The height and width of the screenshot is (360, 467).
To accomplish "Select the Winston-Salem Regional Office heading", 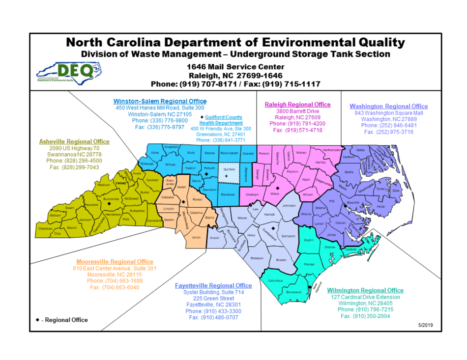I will pos(160,101).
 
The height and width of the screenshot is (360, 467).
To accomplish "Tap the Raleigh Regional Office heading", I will pos(297,104).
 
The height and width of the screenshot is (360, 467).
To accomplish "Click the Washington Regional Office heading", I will pos(388,106).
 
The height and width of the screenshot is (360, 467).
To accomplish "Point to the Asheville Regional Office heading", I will pos(74,141).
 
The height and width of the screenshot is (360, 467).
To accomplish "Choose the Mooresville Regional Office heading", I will pos(115,262).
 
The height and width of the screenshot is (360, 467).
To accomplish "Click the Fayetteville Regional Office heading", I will pos(213,285).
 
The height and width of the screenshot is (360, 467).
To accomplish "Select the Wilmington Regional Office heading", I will pos(365,290).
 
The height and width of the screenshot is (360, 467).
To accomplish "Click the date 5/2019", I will pos(425,325).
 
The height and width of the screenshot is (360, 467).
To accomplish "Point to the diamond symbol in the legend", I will pos(37,320).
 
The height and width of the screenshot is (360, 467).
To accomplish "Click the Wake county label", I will pos(275,194).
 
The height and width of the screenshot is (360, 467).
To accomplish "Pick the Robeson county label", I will pos(257,258).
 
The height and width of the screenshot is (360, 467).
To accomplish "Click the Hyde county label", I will pos(380,207).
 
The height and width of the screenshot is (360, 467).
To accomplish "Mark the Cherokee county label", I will pos(45,228).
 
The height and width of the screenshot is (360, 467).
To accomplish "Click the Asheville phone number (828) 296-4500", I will pos(74,161).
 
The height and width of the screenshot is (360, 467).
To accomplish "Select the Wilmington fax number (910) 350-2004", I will pos(365,316).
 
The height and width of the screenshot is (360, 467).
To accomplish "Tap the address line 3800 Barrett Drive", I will pos(297,111).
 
